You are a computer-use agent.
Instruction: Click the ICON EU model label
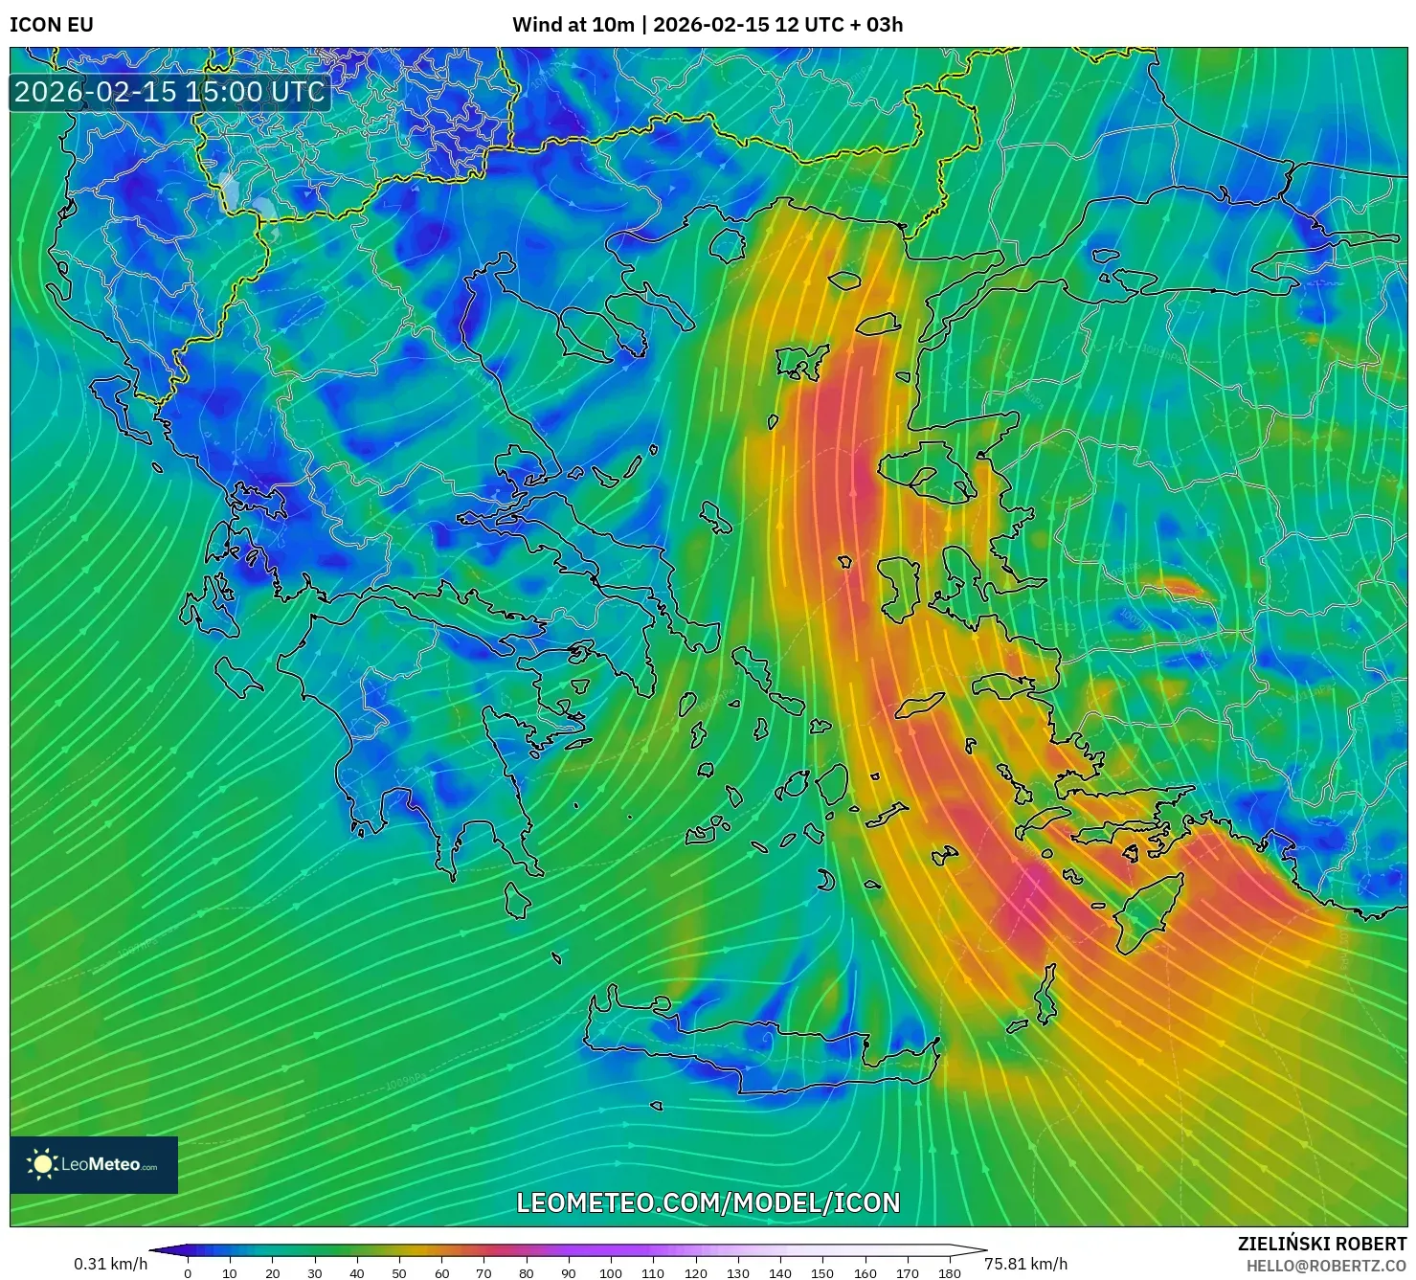[52, 25]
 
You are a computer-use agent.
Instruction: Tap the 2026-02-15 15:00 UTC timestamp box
[169, 92]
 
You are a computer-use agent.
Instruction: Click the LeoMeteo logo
[94, 1164]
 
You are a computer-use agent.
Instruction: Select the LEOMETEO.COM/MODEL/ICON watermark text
[708, 1202]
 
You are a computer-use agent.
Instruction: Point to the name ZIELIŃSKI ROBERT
[1322, 1244]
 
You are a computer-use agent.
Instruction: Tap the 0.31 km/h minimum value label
[110, 1264]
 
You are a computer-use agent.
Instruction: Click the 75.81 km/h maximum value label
[1025, 1264]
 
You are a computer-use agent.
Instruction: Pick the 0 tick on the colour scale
[188, 1272]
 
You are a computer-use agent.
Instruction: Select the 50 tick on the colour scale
[399, 1272]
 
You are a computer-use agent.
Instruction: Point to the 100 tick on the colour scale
[611, 1272]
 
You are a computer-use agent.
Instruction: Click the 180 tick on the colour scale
[949, 1272]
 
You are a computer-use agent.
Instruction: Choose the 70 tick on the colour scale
[483, 1272]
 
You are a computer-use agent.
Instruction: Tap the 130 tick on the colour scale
[737, 1272]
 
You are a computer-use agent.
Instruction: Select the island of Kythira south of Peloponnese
[517, 900]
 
